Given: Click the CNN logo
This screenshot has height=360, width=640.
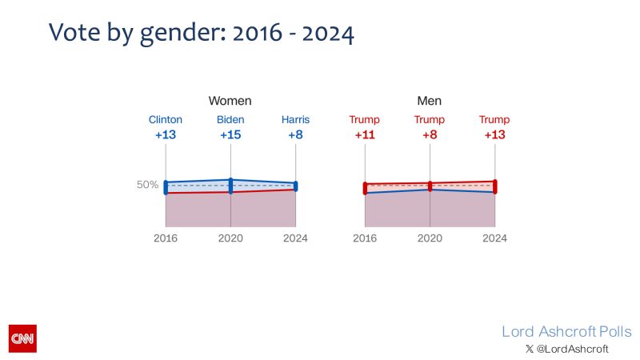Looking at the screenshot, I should click(22, 338).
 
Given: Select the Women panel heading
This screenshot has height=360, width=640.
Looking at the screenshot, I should click(230, 101).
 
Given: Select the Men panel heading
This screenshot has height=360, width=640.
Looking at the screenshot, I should click(430, 101).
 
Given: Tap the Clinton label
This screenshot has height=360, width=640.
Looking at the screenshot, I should click(166, 120).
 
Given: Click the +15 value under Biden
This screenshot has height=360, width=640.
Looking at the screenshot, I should click(230, 135).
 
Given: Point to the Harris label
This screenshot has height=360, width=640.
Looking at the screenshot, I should click(295, 120).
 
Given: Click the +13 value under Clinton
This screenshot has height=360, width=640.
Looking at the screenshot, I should click(166, 135).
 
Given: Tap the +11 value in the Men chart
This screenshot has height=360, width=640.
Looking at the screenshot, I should click(365, 135).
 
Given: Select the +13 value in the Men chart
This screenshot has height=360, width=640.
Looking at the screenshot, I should click(494, 135).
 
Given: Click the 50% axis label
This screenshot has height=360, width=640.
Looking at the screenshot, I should click(147, 185).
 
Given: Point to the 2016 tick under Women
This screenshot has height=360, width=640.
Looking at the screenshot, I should click(166, 238).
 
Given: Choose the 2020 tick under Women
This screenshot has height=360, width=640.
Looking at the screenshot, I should click(230, 238).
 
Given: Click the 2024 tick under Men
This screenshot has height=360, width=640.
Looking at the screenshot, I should click(494, 238).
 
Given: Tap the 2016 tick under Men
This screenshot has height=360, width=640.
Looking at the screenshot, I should click(365, 238).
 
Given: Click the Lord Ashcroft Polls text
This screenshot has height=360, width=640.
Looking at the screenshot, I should click(566, 331).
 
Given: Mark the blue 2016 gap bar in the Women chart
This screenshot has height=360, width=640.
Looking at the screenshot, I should click(166, 187).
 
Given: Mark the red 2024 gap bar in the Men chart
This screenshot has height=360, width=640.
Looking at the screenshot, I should click(494, 186).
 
